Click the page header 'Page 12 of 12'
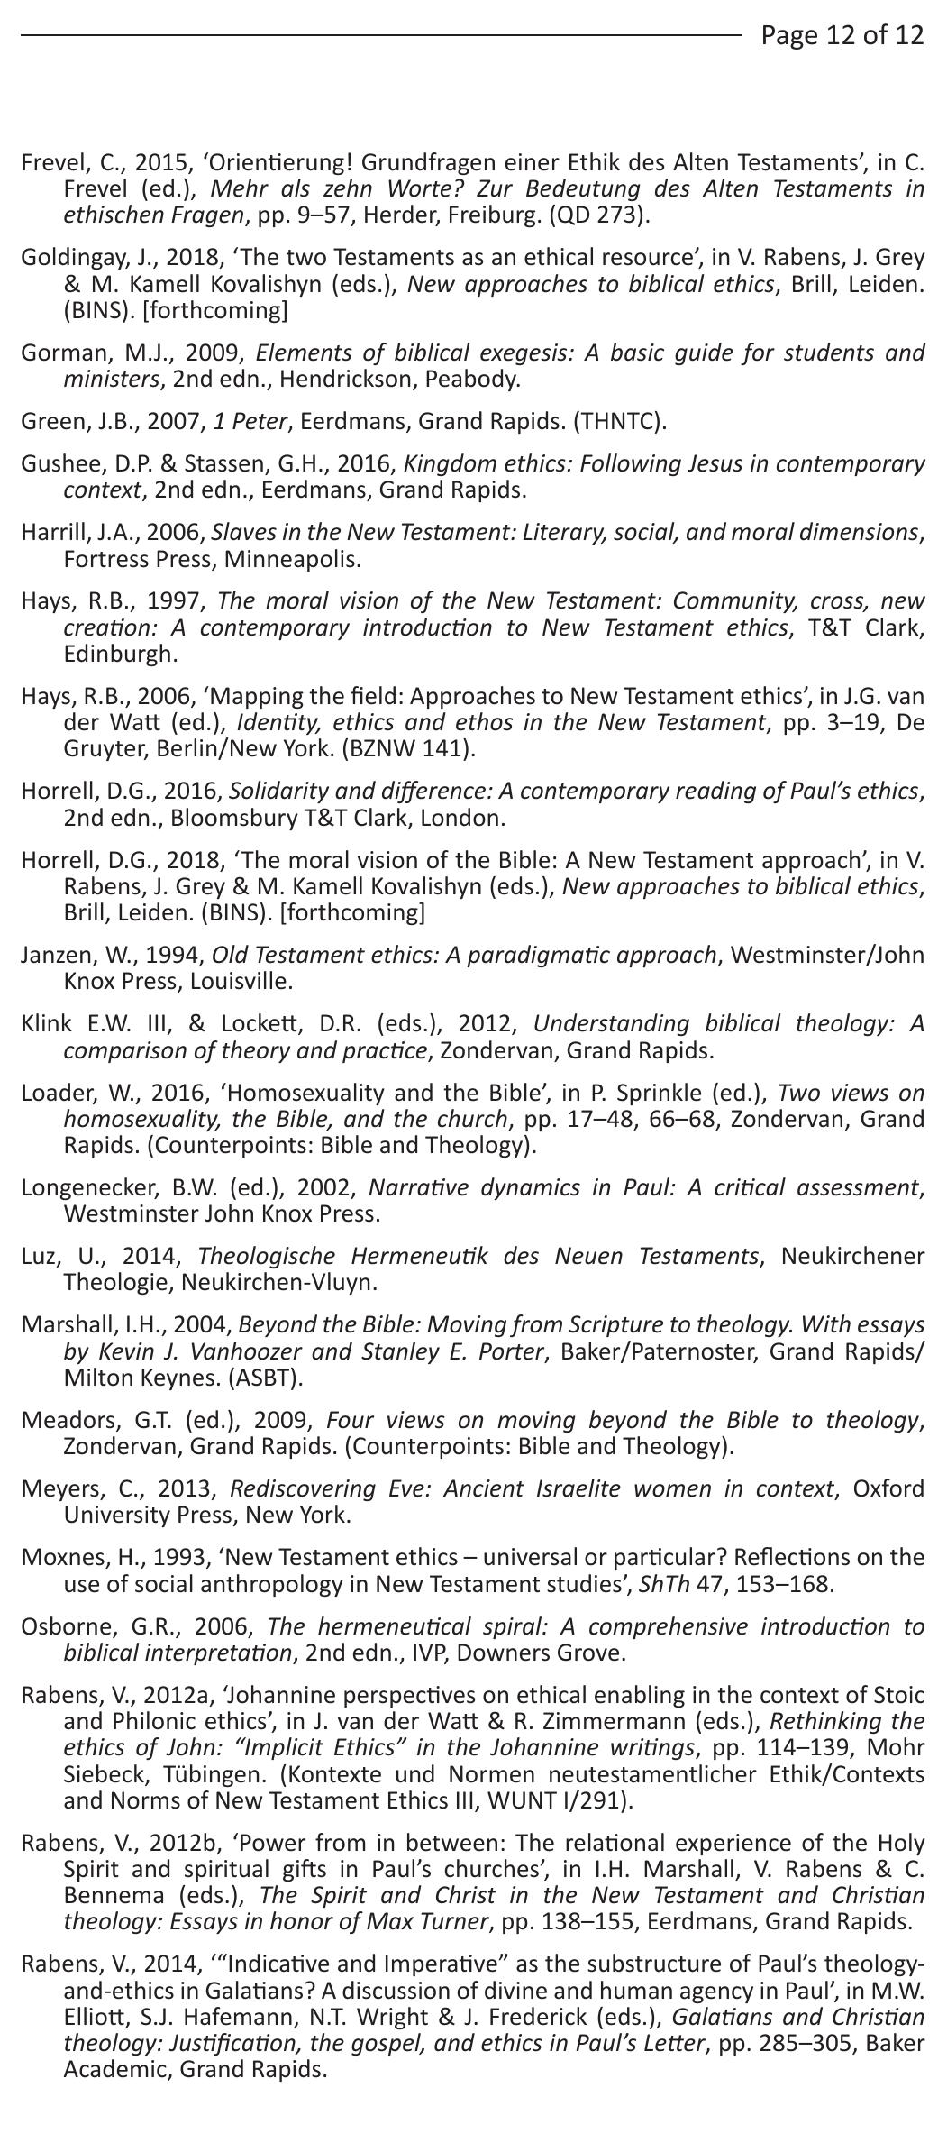[x=842, y=35]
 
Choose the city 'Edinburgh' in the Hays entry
[x=120, y=654]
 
